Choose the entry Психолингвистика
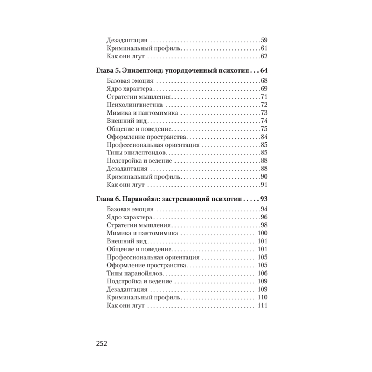[x=130, y=105]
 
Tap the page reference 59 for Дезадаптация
[x=264, y=40]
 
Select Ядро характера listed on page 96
[x=128, y=217]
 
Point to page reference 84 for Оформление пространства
[x=264, y=137]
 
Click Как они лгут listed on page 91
[x=125, y=185]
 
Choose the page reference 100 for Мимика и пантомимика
[x=263, y=233]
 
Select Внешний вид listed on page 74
[x=122, y=121]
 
